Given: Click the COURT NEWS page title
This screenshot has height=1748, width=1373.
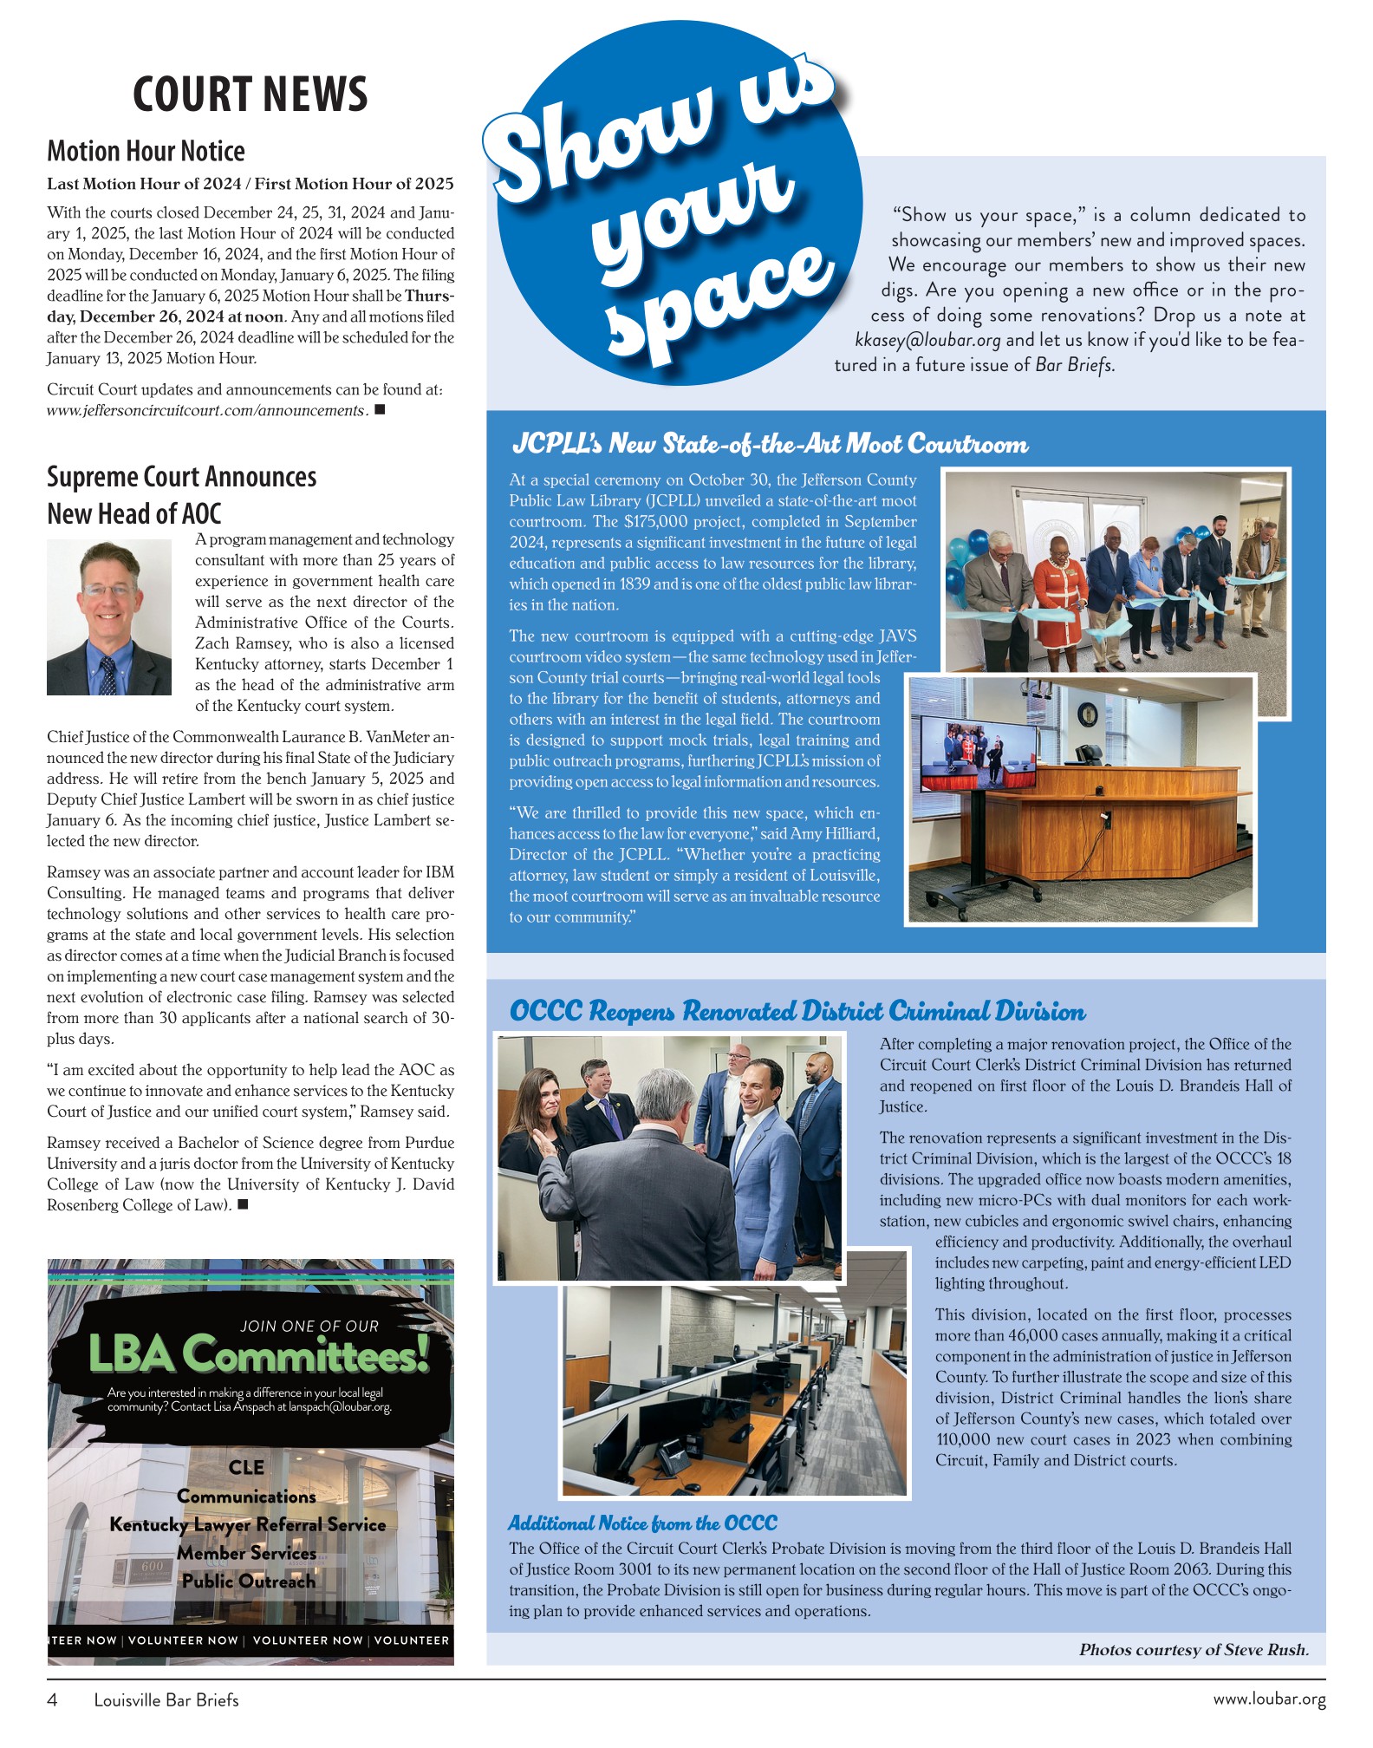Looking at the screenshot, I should [x=250, y=95].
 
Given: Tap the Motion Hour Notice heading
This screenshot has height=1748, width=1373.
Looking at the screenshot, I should [x=146, y=152].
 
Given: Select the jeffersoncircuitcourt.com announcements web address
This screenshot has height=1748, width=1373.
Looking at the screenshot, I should [x=207, y=411].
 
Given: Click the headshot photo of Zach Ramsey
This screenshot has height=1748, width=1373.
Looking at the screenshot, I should [x=109, y=616].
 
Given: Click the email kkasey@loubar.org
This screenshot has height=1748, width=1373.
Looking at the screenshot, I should [x=927, y=340].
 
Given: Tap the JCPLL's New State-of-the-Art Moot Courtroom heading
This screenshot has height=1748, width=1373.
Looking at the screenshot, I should [x=770, y=445].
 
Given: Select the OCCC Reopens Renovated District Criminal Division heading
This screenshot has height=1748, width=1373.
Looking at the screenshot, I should [x=797, y=1011].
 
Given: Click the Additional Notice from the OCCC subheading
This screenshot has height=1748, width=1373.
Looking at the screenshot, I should [x=642, y=1523].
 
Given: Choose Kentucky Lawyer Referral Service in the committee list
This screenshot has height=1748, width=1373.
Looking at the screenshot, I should [x=248, y=1524].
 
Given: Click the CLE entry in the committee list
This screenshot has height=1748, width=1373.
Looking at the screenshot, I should [x=247, y=1467].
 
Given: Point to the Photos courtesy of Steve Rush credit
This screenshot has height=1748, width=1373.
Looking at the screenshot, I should [x=1194, y=1650].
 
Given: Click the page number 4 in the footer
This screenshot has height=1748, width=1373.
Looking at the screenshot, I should [x=52, y=1700].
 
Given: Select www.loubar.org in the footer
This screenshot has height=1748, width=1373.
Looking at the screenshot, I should [x=1269, y=1699].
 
